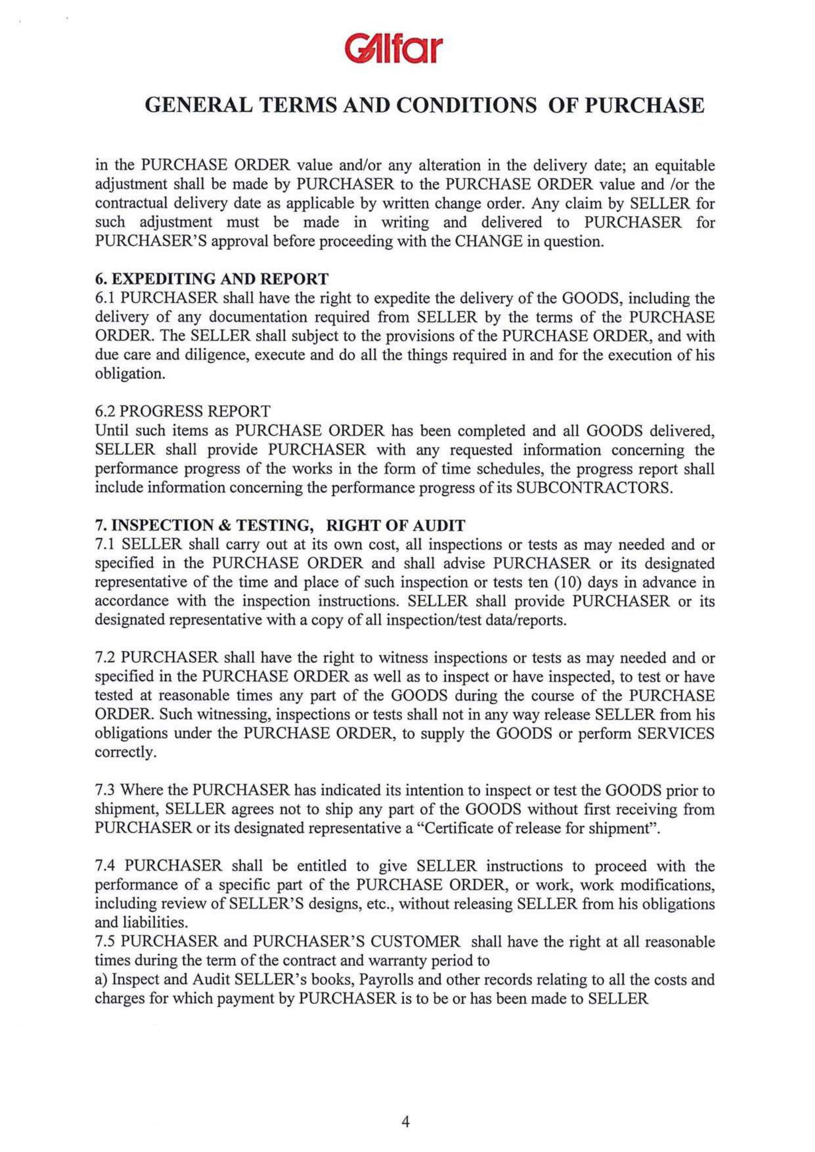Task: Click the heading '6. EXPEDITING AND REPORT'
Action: pyautogui.click(x=211, y=278)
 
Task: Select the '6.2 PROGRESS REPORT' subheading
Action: pyautogui.click(x=183, y=411)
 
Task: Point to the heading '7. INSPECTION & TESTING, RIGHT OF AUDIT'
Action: pyautogui.click(x=280, y=526)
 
